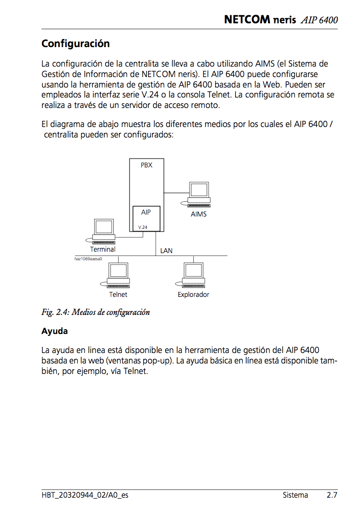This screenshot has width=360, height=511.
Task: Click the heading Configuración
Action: click(76, 44)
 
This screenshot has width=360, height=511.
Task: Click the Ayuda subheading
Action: click(54, 331)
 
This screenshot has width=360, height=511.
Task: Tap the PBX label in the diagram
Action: click(147, 166)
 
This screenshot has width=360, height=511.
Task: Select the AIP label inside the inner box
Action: click(146, 212)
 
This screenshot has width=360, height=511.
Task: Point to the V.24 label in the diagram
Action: click(143, 227)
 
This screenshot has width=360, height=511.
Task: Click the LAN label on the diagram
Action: click(166, 250)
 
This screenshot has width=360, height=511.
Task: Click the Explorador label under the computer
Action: click(193, 295)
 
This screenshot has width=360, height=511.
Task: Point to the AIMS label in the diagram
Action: click(199, 214)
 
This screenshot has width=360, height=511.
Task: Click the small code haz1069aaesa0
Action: click(89, 259)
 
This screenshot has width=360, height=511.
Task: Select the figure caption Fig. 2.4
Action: click(96, 313)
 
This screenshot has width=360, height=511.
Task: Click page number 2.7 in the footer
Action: click(332, 495)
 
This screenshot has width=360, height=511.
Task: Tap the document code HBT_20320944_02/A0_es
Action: click(85, 495)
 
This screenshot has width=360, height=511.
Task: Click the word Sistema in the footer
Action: click(295, 495)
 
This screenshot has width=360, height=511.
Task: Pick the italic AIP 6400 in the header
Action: click(319, 20)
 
